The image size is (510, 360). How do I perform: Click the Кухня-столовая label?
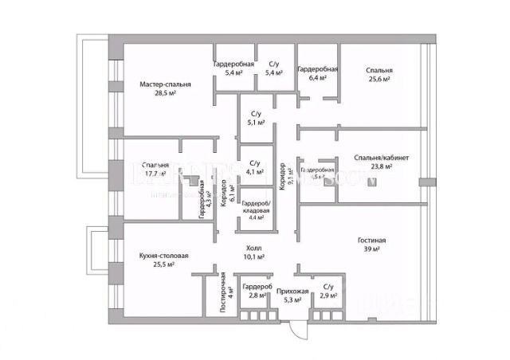[163, 256]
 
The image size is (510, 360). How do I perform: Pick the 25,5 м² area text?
[163, 265]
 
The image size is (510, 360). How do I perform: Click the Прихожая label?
[292, 291]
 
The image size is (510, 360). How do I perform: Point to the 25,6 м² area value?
[379, 80]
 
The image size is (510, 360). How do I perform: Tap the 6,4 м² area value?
[317, 79]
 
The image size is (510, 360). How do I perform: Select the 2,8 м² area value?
[257, 295]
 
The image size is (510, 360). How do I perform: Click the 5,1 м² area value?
[256, 123]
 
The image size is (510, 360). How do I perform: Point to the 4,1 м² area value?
[256, 171]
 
